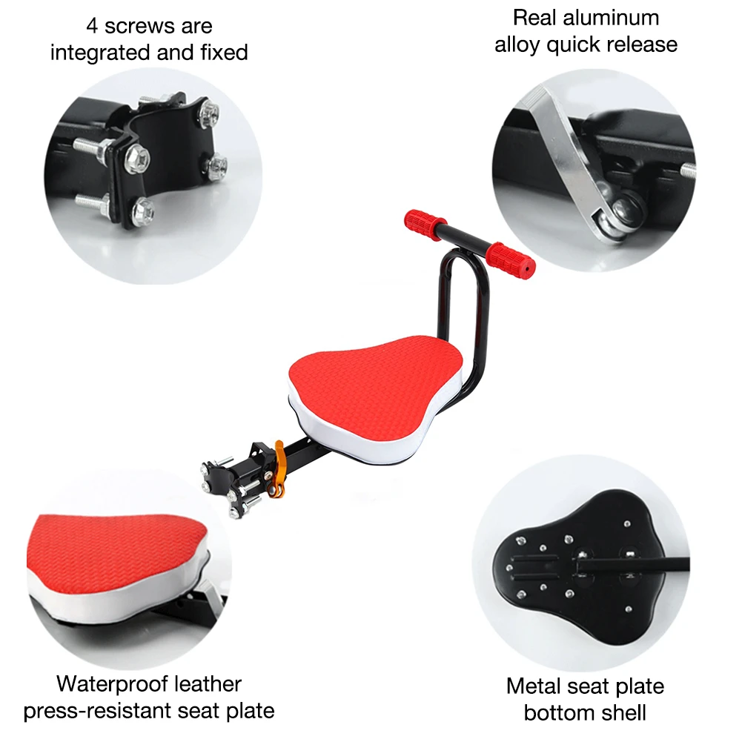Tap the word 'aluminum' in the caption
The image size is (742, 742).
click(x=609, y=17)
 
